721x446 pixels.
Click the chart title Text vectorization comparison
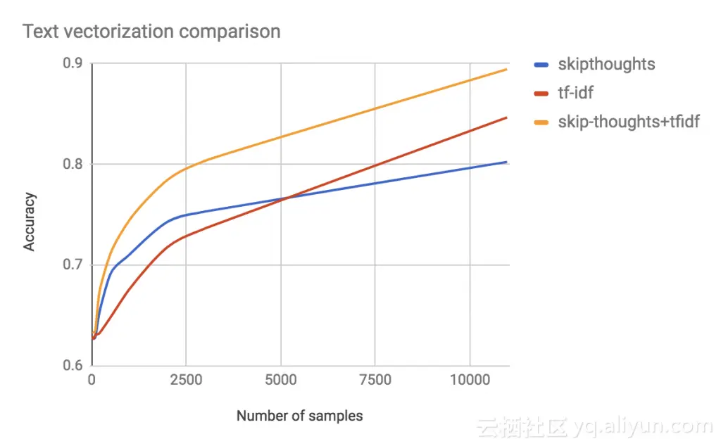152,32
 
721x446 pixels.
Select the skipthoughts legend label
606,65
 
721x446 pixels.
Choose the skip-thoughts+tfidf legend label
629,122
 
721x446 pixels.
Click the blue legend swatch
541,65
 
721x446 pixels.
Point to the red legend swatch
541,94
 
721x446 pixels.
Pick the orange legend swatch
541,122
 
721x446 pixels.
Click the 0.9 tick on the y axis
73,64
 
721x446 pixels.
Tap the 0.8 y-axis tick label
73,165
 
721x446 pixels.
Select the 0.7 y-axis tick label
73,265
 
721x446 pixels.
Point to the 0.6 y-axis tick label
73,366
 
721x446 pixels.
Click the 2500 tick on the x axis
186,381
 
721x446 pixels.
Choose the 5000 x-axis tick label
280,381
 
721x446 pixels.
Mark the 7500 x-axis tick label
375,381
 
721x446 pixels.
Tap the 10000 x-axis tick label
470,381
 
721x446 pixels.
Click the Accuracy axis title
30,222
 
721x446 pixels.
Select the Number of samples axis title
300,416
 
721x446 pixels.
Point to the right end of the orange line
507,69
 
